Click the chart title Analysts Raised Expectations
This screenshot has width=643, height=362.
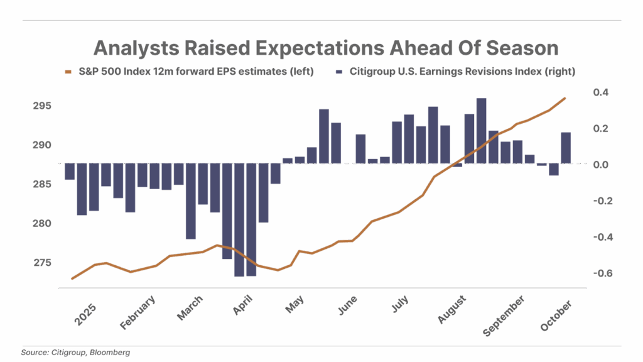click(x=325, y=48)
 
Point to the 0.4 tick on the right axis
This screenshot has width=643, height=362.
click(x=600, y=92)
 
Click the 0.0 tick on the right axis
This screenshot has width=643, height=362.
click(x=600, y=165)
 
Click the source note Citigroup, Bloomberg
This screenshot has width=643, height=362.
click(x=75, y=353)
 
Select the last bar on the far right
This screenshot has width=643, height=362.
click(x=565, y=148)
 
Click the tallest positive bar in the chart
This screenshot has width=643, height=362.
click(x=481, y=131)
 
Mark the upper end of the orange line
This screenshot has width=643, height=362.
click(x=565, y=98)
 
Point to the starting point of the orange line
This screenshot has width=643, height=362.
click(x=72, y=278)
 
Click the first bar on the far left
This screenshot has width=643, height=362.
click(x=69, y=172)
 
